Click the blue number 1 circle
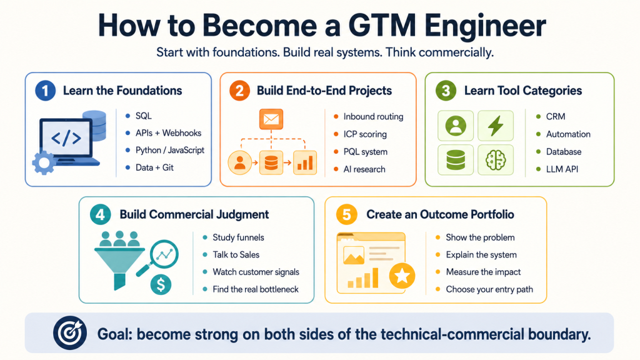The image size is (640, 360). pos(45,91)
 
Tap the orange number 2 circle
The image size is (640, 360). pos(239,91)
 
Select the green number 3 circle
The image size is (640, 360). pos(446,91)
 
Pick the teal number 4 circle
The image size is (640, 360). pos(101,215)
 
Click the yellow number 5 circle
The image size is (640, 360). pos(347,215)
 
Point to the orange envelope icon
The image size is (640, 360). pos(271,119)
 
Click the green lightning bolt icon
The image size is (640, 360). pos(496,126)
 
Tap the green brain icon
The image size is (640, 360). pos(496,159)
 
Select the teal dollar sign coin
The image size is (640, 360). pos(161,284)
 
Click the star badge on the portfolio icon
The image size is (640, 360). pos(402,276)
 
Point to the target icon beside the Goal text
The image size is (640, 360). pos(70,332)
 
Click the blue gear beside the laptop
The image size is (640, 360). pos(44,163)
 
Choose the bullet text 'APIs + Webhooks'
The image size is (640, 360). pos(169,133)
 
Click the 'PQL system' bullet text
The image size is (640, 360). pos(365,152)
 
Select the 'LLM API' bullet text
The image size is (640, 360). pos(562,169)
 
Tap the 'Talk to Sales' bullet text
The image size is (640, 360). pos(236,255)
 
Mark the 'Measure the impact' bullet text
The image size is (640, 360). pos(483,272)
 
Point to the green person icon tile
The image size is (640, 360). pos(456,126)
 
